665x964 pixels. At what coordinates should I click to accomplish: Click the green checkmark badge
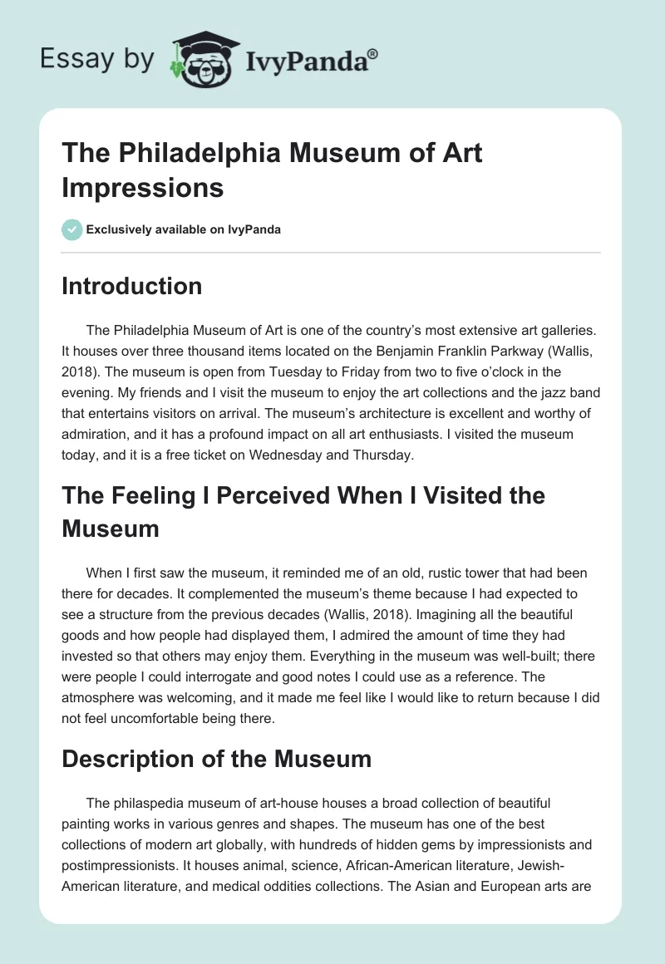point(72,229)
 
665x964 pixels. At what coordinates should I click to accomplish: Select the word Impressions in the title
point(142,187)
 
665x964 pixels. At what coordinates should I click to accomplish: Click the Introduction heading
point(132,286)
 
